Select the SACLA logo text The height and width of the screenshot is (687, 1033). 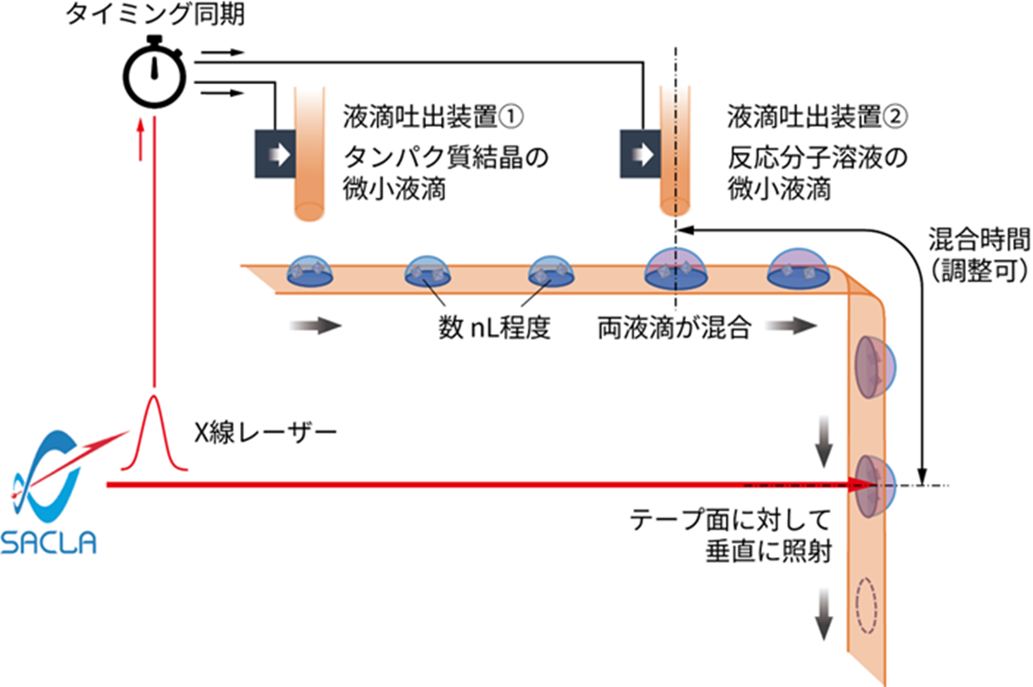(48, 542)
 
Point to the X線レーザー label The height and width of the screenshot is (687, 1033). (265, 432)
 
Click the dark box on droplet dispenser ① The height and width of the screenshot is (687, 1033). (275, 154)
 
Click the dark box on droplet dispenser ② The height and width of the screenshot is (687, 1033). (640, 154)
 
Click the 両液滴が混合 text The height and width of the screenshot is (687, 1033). (674, 328)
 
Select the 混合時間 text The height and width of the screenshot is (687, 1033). (979, 240)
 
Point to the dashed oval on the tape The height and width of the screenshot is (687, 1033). (866, 605)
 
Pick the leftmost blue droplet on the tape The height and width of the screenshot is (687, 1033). (310, 272)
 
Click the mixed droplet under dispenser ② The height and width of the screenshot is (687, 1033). (675, 270)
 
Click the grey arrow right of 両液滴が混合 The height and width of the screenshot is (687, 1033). (792, 326)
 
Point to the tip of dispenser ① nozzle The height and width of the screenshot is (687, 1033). (309, 212)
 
